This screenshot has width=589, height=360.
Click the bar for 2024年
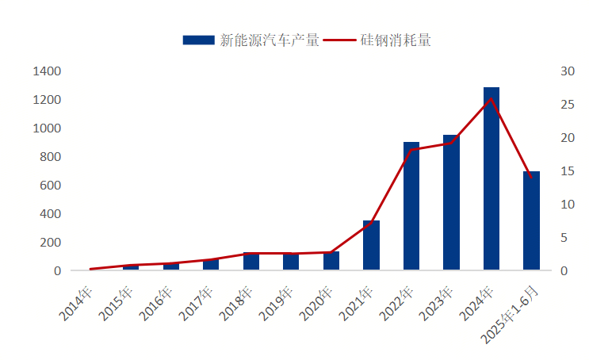491,179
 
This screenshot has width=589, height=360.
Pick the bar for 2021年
371,246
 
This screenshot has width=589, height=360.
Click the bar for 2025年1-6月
531,221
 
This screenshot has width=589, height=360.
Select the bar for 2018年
251,262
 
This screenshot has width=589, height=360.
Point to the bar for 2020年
331,262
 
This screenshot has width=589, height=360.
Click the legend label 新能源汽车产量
270,40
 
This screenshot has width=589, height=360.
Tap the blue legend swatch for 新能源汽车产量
198,40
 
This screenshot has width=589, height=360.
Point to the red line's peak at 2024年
491,99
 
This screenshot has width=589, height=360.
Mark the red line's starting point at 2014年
91,269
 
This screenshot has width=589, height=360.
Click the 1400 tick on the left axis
47,71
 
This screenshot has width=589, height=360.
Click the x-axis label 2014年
76,303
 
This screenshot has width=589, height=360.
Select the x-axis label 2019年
277,303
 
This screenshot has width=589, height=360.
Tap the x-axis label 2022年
397,303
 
